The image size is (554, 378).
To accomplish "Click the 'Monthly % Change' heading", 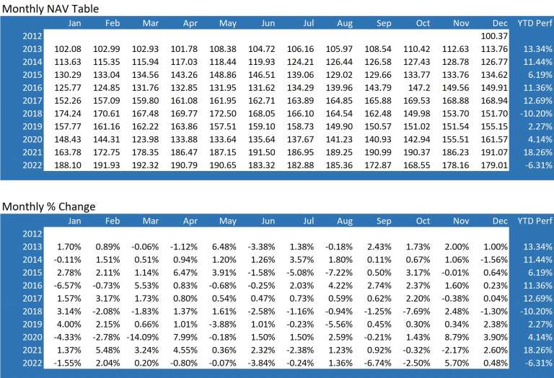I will point(49,207).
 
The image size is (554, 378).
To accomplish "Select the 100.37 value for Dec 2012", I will point(494,35).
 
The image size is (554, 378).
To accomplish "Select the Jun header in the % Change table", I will point(267,221).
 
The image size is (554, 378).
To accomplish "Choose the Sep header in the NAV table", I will point(384,23).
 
